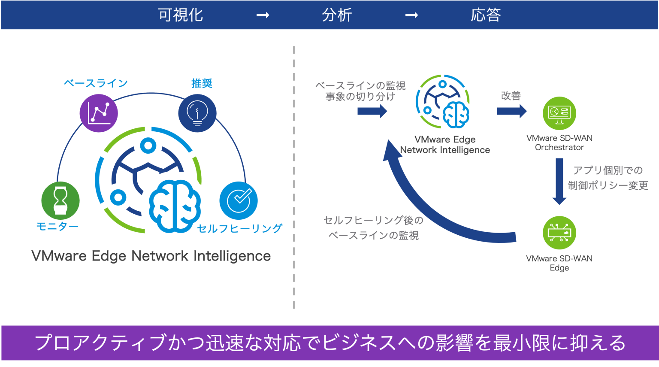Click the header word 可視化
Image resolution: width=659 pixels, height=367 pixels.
[180, 15]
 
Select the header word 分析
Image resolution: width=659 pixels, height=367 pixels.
[337, 15]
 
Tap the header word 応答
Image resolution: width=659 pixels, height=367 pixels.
[486, 15]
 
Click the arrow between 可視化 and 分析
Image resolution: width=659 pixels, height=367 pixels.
[263, 15]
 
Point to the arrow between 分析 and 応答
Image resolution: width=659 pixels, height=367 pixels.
[411, 15]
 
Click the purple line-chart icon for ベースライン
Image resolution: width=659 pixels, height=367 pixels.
[99, 113]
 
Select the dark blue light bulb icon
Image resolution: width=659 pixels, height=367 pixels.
[197, 113]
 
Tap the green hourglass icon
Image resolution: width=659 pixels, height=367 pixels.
[60, 200]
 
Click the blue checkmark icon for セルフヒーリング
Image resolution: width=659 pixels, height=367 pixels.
[239, 200]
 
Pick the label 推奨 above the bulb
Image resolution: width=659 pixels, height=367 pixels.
[202, 83]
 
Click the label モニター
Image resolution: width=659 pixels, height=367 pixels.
[57, 226]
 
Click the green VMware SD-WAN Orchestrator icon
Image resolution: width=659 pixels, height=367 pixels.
[559, 113]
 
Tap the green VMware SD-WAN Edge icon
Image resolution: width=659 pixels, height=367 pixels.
[559, 233]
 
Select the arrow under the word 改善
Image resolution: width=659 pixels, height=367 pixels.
[511, 111]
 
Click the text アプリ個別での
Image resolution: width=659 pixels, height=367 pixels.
[608, 170]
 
